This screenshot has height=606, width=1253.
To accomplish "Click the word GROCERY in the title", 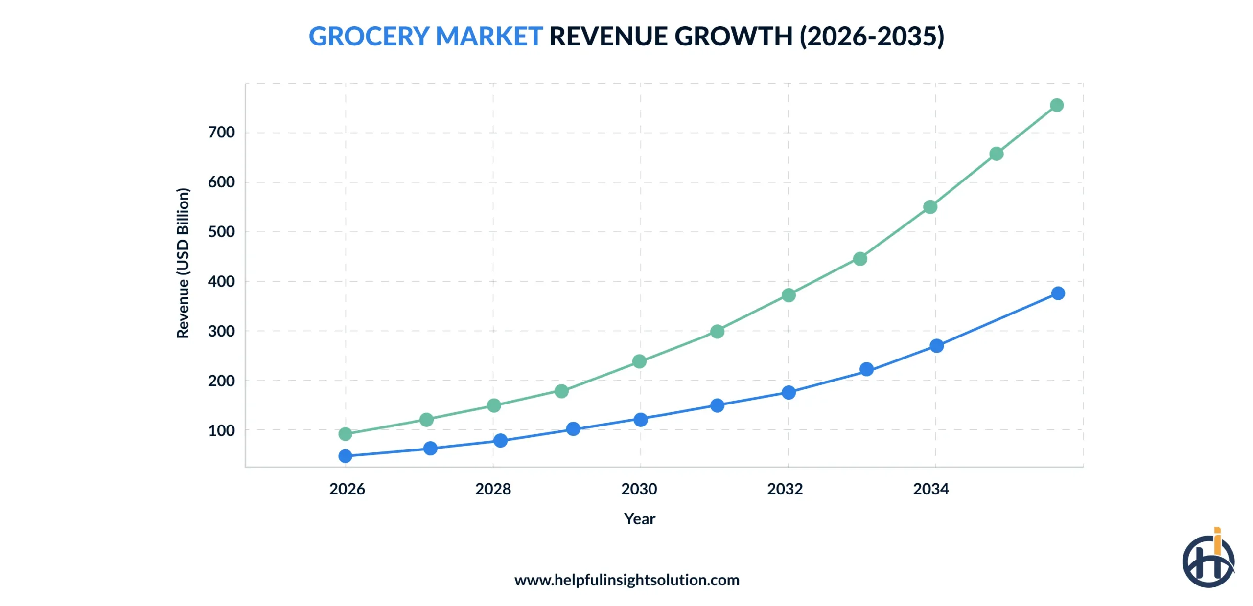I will pos(369,37).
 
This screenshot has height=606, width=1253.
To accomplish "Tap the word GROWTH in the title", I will pos(733,37).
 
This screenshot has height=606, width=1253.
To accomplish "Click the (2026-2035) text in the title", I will pos(871,37).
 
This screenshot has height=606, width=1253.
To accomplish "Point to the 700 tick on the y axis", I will pos(221,132).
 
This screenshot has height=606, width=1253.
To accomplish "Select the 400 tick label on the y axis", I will pos(221,281).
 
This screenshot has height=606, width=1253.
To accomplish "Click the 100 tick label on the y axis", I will pos(221,430).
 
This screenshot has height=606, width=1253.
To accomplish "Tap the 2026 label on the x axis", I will pos(347,489).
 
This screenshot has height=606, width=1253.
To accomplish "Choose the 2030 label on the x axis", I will pos(639,489).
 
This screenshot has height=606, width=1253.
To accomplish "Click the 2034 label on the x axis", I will pos(930,489).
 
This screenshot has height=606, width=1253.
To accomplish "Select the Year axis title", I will pos(639,518).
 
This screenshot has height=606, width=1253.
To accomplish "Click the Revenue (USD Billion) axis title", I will pos(183,263).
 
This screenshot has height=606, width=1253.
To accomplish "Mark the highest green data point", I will pos(1056,105).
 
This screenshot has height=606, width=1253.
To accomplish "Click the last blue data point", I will pos(1058,293).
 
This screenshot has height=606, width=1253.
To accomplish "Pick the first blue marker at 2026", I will pos(345,456).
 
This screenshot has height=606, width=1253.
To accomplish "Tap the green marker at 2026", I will pos(345,434).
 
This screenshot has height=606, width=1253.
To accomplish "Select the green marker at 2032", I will pos(788,295).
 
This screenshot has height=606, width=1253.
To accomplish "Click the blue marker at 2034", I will pos(936,346).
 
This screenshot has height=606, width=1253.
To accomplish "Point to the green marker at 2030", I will pos(639,361).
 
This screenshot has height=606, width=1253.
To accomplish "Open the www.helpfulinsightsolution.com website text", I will pos(626,580).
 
